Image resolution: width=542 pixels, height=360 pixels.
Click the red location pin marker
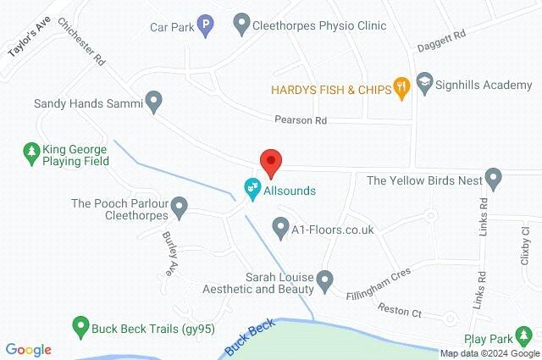point(270,161)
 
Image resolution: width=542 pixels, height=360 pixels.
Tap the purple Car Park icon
point(204,26)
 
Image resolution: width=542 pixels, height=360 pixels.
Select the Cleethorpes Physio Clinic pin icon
point(241,25)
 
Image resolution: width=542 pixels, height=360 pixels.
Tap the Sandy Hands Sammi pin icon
point(153,102)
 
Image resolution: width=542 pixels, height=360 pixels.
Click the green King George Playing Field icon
point(31,152)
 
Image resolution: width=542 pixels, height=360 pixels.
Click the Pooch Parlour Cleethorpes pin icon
point(179,206)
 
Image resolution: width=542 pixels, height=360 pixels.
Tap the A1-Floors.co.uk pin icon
point(280,227)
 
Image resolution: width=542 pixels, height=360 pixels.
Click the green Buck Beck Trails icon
point(80,324)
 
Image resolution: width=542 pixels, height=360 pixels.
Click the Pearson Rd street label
point(300,121)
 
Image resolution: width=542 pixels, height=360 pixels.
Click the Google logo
point(28,350)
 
